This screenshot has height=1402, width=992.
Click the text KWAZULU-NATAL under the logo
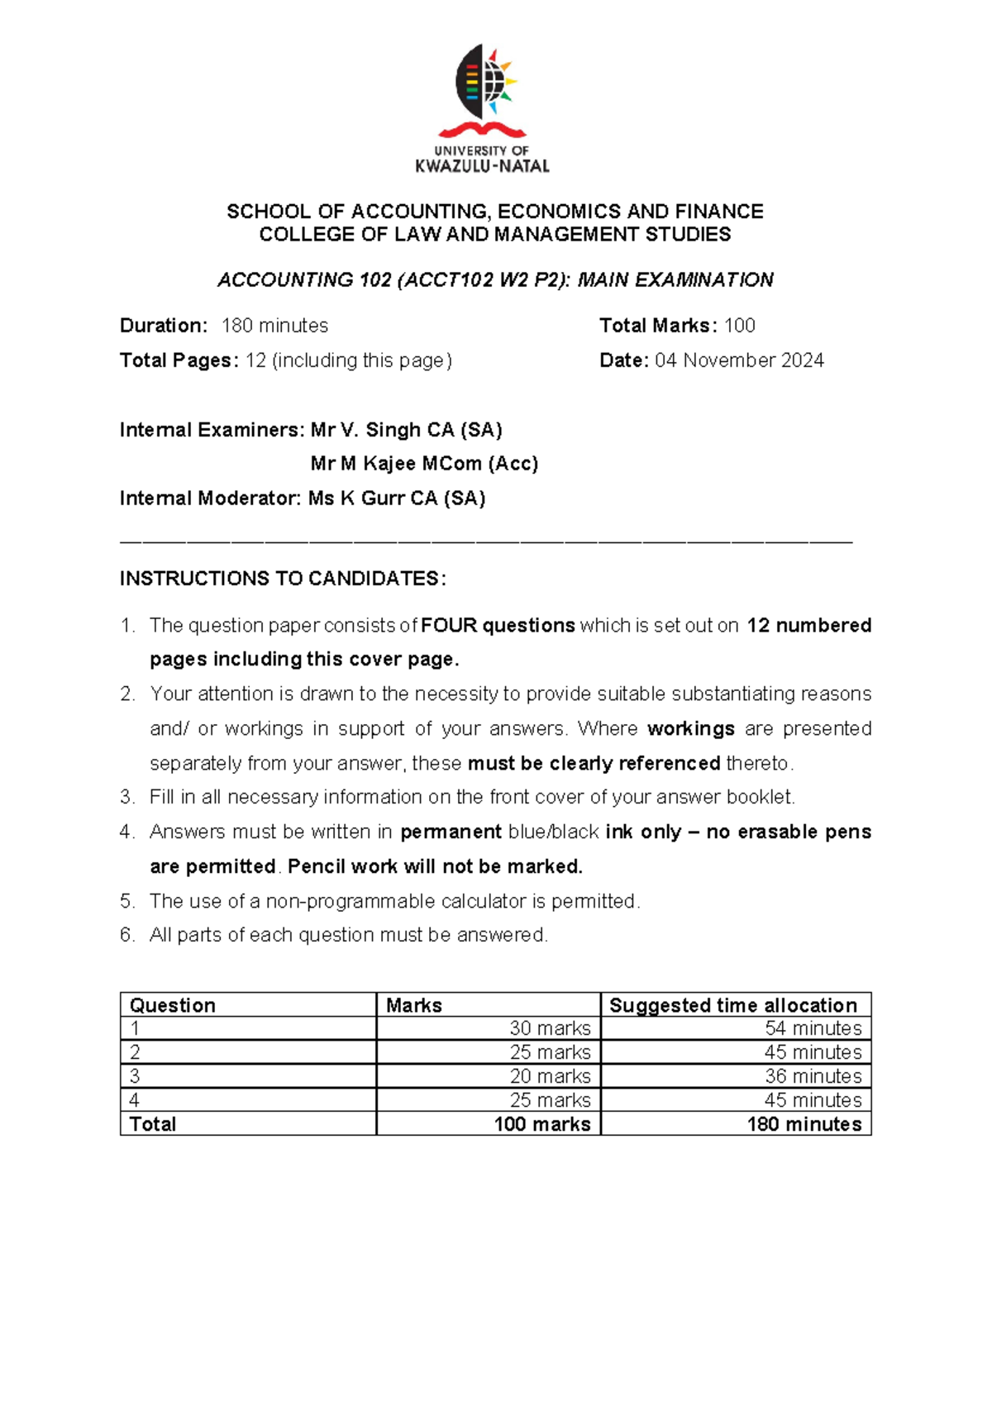[x=482, y=166]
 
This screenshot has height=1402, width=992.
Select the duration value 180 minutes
[x=274, y=326]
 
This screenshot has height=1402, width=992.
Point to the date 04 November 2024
[x=739, y=360]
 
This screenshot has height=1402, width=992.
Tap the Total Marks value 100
[x=739, y=326]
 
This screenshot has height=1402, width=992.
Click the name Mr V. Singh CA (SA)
[x=406, y=430]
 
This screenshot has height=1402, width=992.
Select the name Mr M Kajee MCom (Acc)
[x=424, y=464]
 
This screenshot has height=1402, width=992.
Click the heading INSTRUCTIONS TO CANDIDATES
[x=283, y=579]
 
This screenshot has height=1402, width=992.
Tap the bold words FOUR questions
[x=498, y=626]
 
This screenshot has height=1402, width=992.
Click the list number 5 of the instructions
[x=126, y=901]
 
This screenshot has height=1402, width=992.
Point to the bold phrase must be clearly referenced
[x=594, y=763]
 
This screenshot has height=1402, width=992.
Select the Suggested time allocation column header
[x=733, y=1005]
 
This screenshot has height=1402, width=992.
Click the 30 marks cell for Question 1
[x=550, y=1028]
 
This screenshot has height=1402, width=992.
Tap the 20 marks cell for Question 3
[x=550, y=1076]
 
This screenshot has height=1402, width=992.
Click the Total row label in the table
[x=153, y=1124]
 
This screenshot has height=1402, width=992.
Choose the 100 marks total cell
[x=542, y=1124]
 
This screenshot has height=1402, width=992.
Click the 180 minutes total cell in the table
[x=804, y=1124]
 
